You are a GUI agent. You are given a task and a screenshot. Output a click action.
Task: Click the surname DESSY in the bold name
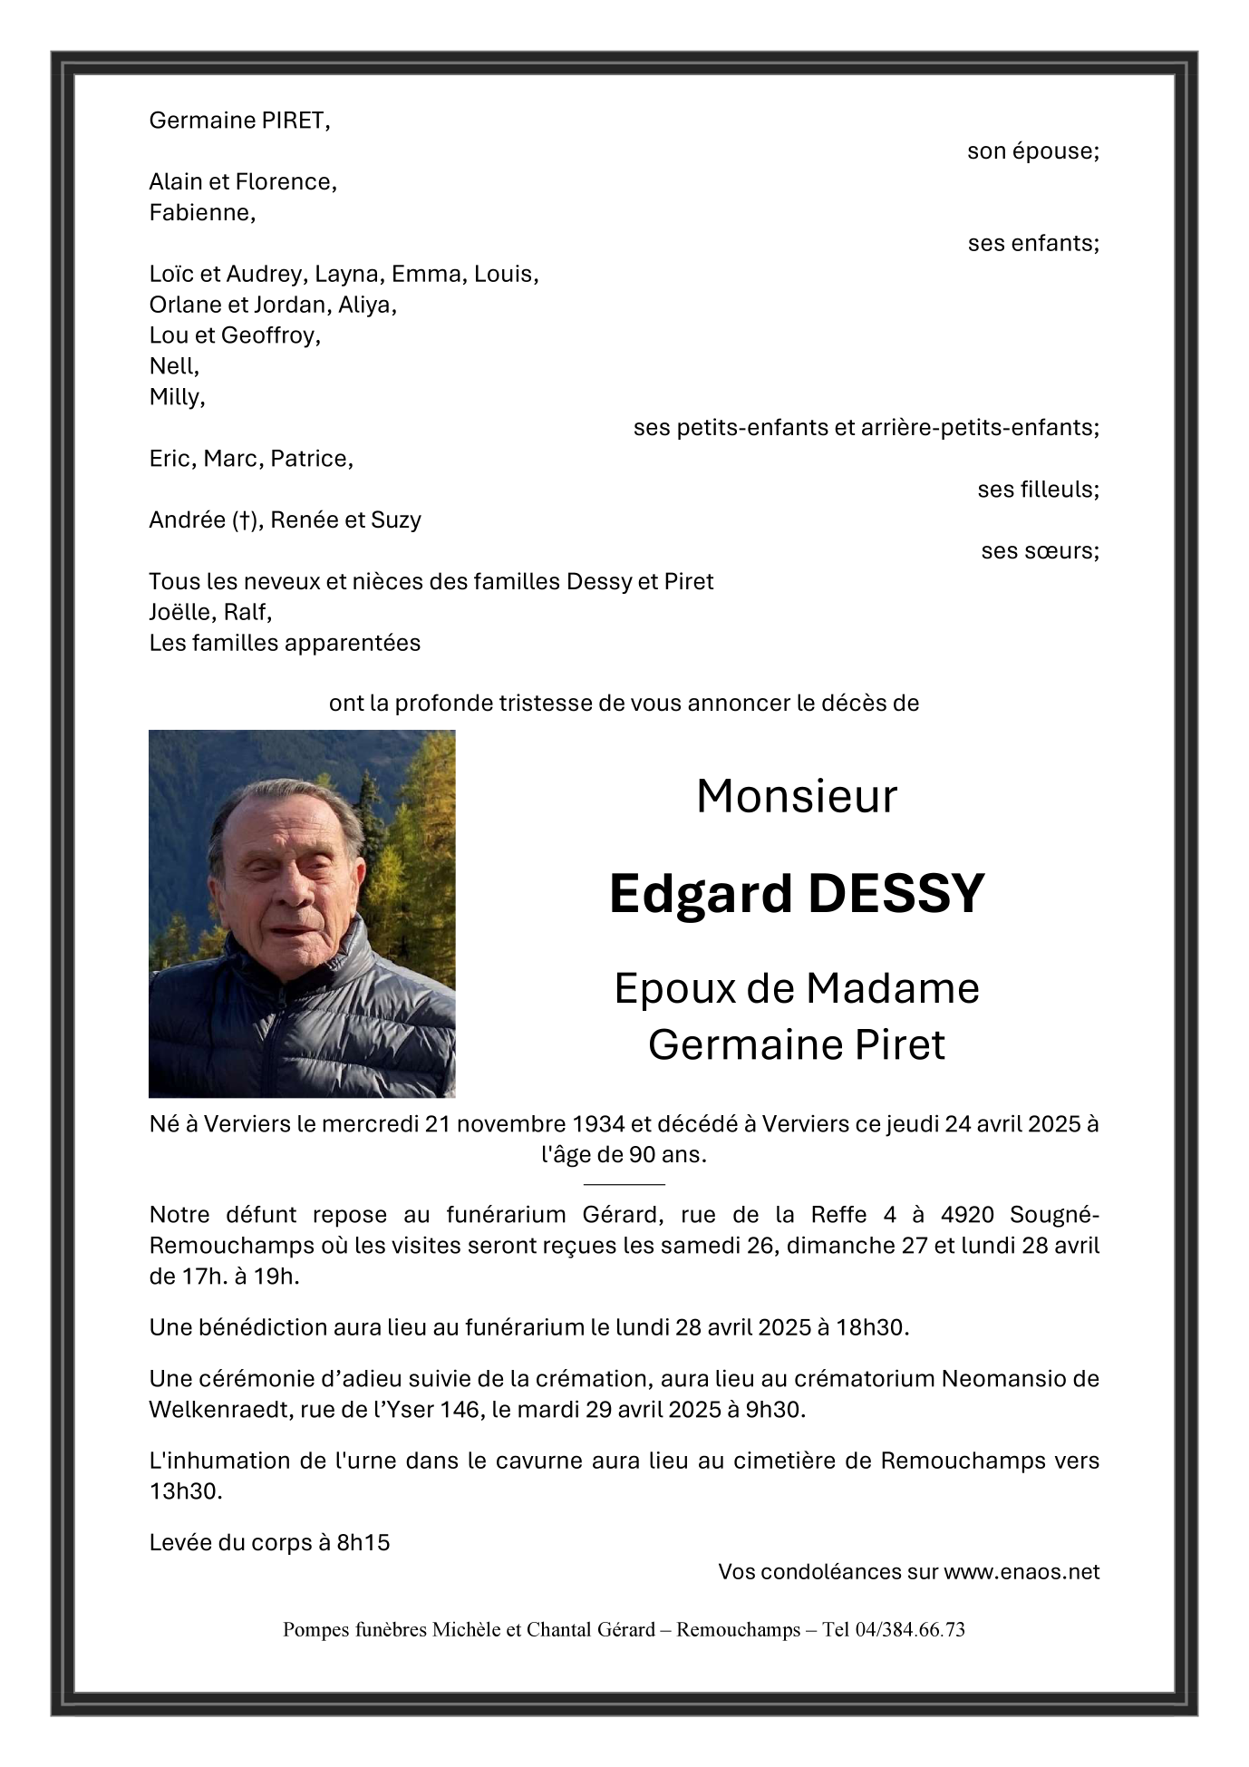tap(896, 893)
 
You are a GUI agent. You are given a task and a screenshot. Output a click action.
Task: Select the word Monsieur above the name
tap(796, 796)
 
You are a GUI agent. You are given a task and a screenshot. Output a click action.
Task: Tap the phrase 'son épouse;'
tap(1032, 151)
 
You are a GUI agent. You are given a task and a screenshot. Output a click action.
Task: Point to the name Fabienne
tap(201, 212)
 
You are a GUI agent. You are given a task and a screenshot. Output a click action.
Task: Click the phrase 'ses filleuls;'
tap(1038, 490)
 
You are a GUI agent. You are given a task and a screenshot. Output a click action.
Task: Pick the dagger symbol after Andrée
tap(244, 520)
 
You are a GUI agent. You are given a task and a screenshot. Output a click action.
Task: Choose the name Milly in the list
tap(176, 397)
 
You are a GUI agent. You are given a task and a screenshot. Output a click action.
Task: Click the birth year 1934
tap(598, 1124)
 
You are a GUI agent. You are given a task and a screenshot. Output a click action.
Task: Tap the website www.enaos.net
tap(1021, 1571)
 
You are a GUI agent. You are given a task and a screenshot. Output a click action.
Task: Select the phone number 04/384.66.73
tap(909, 1629)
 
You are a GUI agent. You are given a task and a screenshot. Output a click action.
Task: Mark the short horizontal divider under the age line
tap(624, 1184)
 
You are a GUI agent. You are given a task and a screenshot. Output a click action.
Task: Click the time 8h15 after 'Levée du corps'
tap(363, 1542)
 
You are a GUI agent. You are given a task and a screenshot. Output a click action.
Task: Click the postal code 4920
tap(967, 1215)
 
